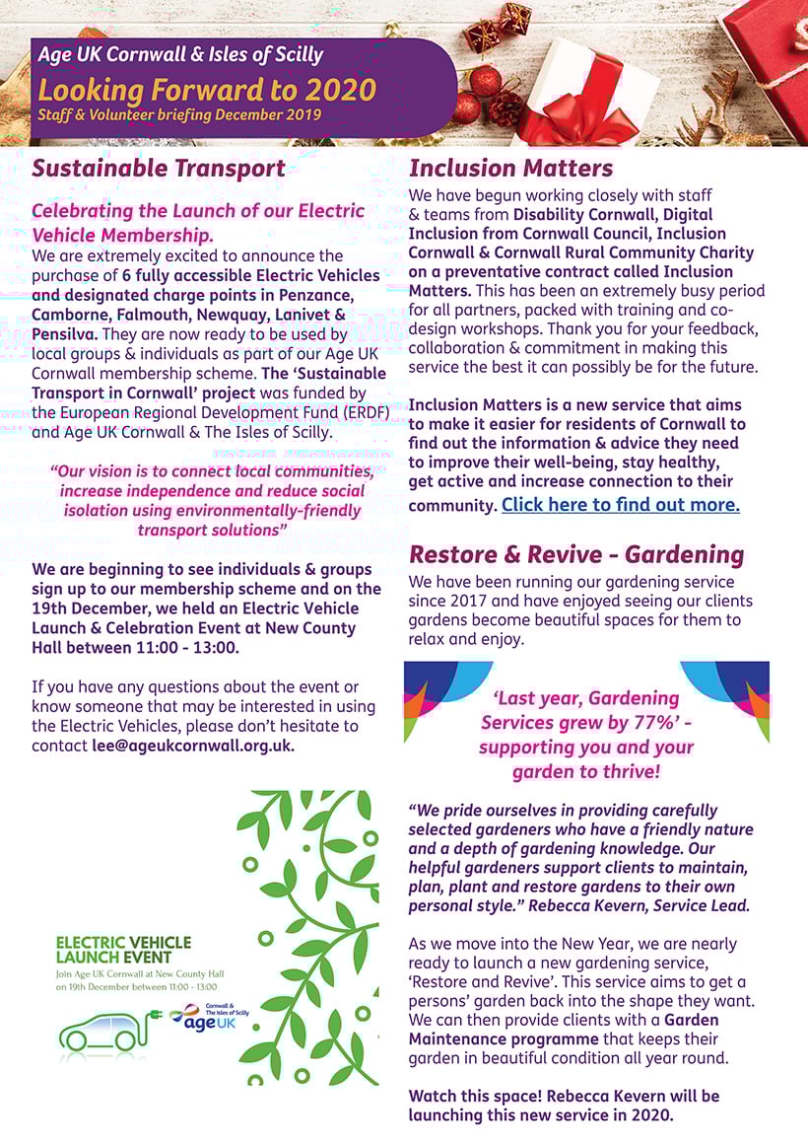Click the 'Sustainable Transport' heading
click(x=159, y=168)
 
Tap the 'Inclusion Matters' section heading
click(x=510, y=168)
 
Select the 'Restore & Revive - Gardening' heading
click(x=575, y=554)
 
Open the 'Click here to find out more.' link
click(x=620, y=505)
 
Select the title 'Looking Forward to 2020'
click(x=207, y=90)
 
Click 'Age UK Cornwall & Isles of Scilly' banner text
click(x=180, y=55)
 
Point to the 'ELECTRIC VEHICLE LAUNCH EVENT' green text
click(x=123, y=950)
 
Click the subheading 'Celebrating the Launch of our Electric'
click(x=198, y=211)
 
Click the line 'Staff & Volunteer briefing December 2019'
click(x=179, y=115)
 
